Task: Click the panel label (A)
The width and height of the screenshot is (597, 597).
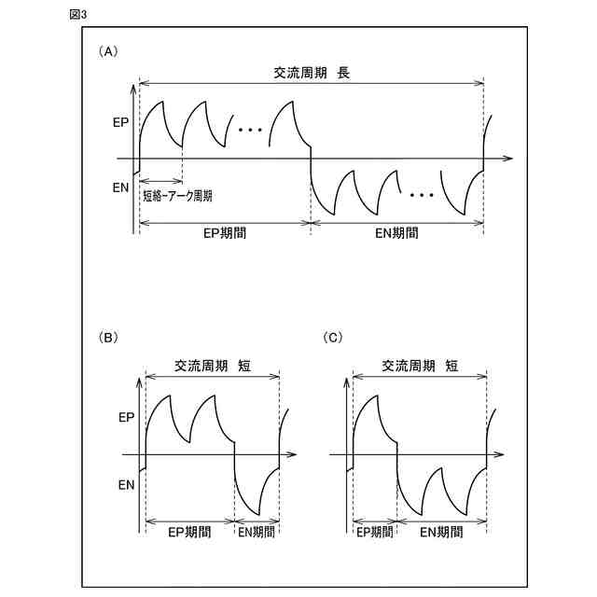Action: pyautogui.click(x=108, y=52)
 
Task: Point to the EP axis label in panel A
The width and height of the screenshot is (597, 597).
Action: pyautogui.click(x=120, y=121)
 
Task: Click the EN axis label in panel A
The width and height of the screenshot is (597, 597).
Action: pyautogui.click(x=120, y=187)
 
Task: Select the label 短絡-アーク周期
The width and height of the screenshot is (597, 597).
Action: pyautogui.click(x=178, y=197)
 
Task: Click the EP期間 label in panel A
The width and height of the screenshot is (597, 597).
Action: pyautogui.click(x=225, y=234)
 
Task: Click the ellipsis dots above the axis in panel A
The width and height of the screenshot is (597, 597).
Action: pyautogui.click(x=249, y=130)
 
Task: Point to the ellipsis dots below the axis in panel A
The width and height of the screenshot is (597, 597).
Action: pyautogui.click(x=422, y=196)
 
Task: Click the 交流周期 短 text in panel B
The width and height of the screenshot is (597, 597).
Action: pyautogui.click(x=213, y=367)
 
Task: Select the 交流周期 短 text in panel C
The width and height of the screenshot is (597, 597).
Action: pyautogui.click(x=420, y=367)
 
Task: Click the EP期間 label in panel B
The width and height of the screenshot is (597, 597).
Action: pyautogui.click(x=189, y=533)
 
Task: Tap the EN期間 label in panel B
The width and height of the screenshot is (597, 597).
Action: pyautogui.click(x=257, y=533)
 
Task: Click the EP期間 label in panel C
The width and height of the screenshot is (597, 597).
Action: pyautogui.click(x=375, y=533)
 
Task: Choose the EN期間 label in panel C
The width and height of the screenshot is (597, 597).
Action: pyautogui.click(x=442, y=533)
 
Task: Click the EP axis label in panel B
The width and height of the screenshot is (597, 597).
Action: pyautogui.click(x=126, y=420)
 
